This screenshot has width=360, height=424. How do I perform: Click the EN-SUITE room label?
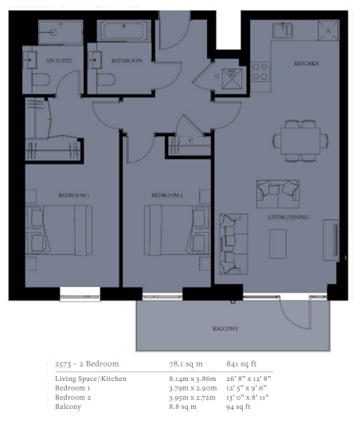tap(59, 61)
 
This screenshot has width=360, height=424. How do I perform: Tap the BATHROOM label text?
tap(127, 61)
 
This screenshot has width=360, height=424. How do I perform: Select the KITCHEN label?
tap(307, 63)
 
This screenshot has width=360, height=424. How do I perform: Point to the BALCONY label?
tap(225, 328)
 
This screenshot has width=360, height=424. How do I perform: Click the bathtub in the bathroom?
tap(123, 31)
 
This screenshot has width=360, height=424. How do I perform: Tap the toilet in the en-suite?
tap(41, 80)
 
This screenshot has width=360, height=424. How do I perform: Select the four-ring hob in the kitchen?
tap(260, 72)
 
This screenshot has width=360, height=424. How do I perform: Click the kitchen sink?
tap(283, 30)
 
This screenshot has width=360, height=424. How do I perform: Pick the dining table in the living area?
tap(300, 141)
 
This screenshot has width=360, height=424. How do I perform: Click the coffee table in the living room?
tap(278, 244)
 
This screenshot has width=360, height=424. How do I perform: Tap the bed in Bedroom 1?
tap(59, 230)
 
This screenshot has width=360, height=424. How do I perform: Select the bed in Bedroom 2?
tap(178, 230)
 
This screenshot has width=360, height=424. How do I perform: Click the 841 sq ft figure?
tap(241, 363)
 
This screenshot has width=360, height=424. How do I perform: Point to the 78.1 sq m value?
tap(186, 363)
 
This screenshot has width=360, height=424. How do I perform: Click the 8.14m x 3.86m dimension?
tap(193, 379)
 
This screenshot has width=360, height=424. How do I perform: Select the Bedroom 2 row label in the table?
tap(73, 397)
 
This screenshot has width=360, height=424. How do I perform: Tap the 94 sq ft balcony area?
tap(238, 406)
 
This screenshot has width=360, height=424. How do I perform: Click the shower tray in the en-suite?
tap(61, 32)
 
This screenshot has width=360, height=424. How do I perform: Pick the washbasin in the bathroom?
tap(94, 60)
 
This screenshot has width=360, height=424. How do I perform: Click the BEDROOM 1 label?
tap(74, 195)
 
